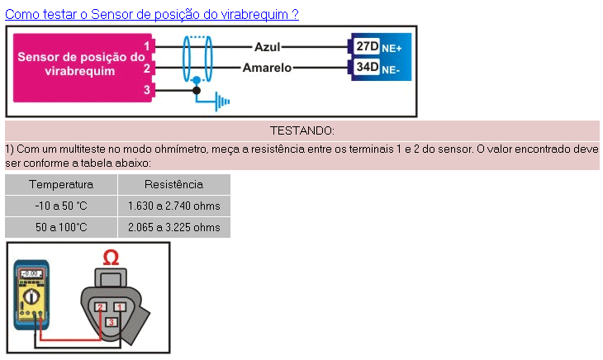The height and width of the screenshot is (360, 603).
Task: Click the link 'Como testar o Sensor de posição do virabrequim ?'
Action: tap(152, 14)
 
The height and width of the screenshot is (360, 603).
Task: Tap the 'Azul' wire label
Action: tap(268, 46)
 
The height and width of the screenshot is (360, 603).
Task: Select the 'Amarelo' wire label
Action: tap(267, 68)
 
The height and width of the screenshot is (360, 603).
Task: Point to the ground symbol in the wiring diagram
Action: tap(221, 102)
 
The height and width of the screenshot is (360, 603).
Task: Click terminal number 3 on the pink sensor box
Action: tap(147, 89)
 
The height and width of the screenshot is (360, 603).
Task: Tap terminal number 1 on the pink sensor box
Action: tap(147, 46)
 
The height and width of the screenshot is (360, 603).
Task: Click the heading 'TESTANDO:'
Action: tap(301, 130)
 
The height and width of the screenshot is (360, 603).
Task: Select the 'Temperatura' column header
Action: tap(61, 184)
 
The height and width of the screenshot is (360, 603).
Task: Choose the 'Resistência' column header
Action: tap(173, 184)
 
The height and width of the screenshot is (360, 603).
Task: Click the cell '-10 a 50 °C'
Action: tap(61, 206)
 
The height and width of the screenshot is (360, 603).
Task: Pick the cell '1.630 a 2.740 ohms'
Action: tap(173, 206)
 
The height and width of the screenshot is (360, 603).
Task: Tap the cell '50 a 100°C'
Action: tap(61, 227)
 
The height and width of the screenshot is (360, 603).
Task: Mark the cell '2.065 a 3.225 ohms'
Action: tap(173, 227)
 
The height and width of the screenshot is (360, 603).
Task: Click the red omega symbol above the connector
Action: tap(111, 258)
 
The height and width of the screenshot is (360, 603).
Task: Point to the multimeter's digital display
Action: tap(31, 273)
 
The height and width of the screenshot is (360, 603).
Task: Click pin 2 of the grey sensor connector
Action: tap(100, 307)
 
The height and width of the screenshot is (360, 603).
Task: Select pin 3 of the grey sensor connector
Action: tap(111, 320)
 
